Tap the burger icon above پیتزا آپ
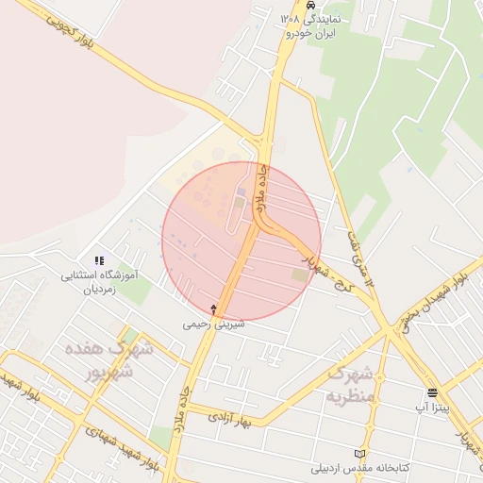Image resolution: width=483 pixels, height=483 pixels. tap(432, 392)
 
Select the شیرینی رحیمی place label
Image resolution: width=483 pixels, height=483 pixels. tap(214, 324)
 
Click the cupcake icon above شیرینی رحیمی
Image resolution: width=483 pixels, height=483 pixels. tap(214, 308)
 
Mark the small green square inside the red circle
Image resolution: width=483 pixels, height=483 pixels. tap(300, 275)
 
